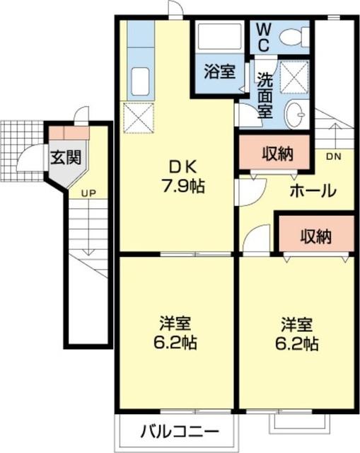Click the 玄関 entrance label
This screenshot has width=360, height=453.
click(x=64, y=157)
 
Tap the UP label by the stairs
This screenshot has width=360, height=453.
click(x=88, y=193)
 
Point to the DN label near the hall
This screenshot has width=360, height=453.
click(x=334, y=156)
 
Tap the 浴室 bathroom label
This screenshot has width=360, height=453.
click(x=219, y=71)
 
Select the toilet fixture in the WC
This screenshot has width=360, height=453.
click(x=296, y=35)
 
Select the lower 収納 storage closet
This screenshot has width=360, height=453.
click(x=314, y=236)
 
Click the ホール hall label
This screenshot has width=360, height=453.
click(x=312, y=190)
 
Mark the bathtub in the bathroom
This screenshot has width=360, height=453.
click(x=219, y=36)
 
